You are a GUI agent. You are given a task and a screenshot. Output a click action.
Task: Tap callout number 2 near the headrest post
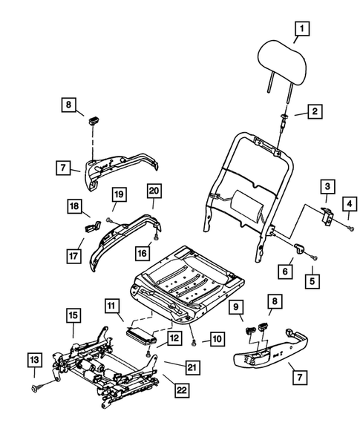(x=315, y=111)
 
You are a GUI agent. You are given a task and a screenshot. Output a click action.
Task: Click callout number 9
(x=236, y=306)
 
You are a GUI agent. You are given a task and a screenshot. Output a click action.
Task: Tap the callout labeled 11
(x=112, y=306)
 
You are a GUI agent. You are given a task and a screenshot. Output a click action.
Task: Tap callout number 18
(x=76, y=206)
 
